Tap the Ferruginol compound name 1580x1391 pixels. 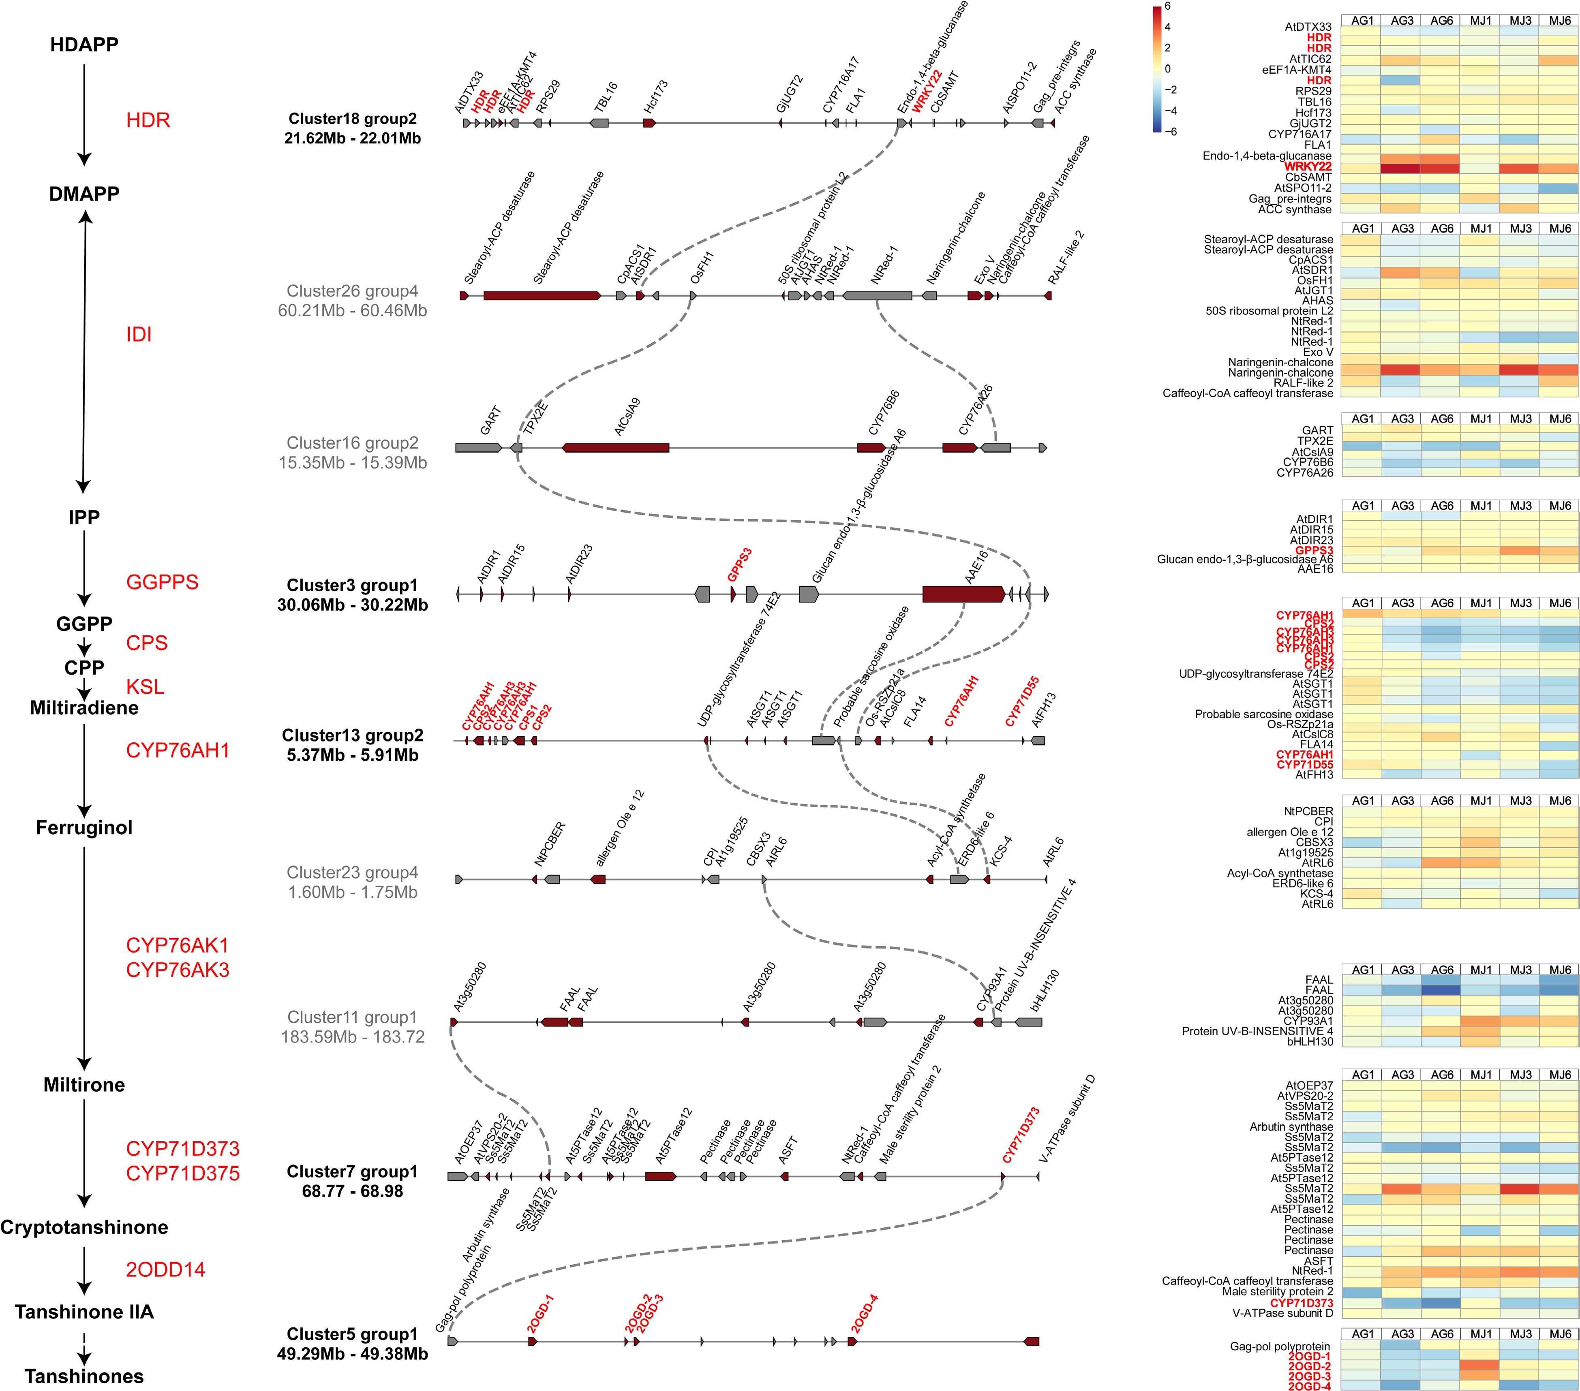click(84, 828)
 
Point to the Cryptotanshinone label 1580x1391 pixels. click(84, 1227)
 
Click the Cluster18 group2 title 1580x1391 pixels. click(353, 118)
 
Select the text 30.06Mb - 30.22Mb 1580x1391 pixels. click(353, 604)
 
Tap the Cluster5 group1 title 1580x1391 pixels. click(353, 1334)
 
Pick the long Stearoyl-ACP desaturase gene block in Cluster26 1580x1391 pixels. click(541, 295)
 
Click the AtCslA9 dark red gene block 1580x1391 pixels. click(616, 447)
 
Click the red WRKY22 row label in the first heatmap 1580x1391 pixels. click(1308, 166)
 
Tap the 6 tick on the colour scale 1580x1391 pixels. click(1167, 6)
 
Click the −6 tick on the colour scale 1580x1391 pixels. click(1170, 131)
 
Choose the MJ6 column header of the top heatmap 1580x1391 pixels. click(1559, 21)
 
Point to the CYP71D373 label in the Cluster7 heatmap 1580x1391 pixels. click(1302, 1303)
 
